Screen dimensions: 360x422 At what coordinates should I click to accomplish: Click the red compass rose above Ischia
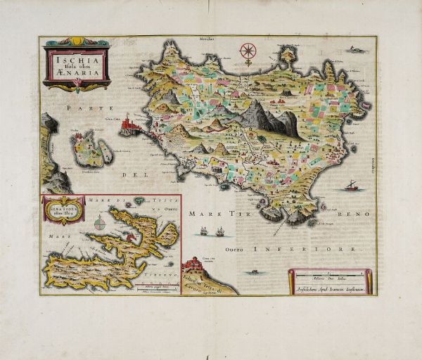coord(248,51)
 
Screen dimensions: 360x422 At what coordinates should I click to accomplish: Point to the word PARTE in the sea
coord(82,108)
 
